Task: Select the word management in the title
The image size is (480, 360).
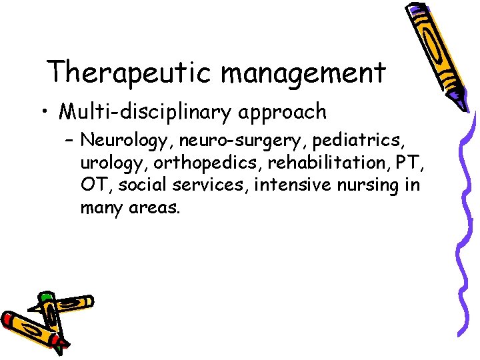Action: coord(303,72)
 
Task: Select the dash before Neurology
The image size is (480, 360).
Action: coord(69,141)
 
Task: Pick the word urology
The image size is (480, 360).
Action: coord(109,163)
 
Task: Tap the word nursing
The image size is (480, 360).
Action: coord(372,185)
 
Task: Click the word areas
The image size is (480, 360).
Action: coord(155,207)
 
